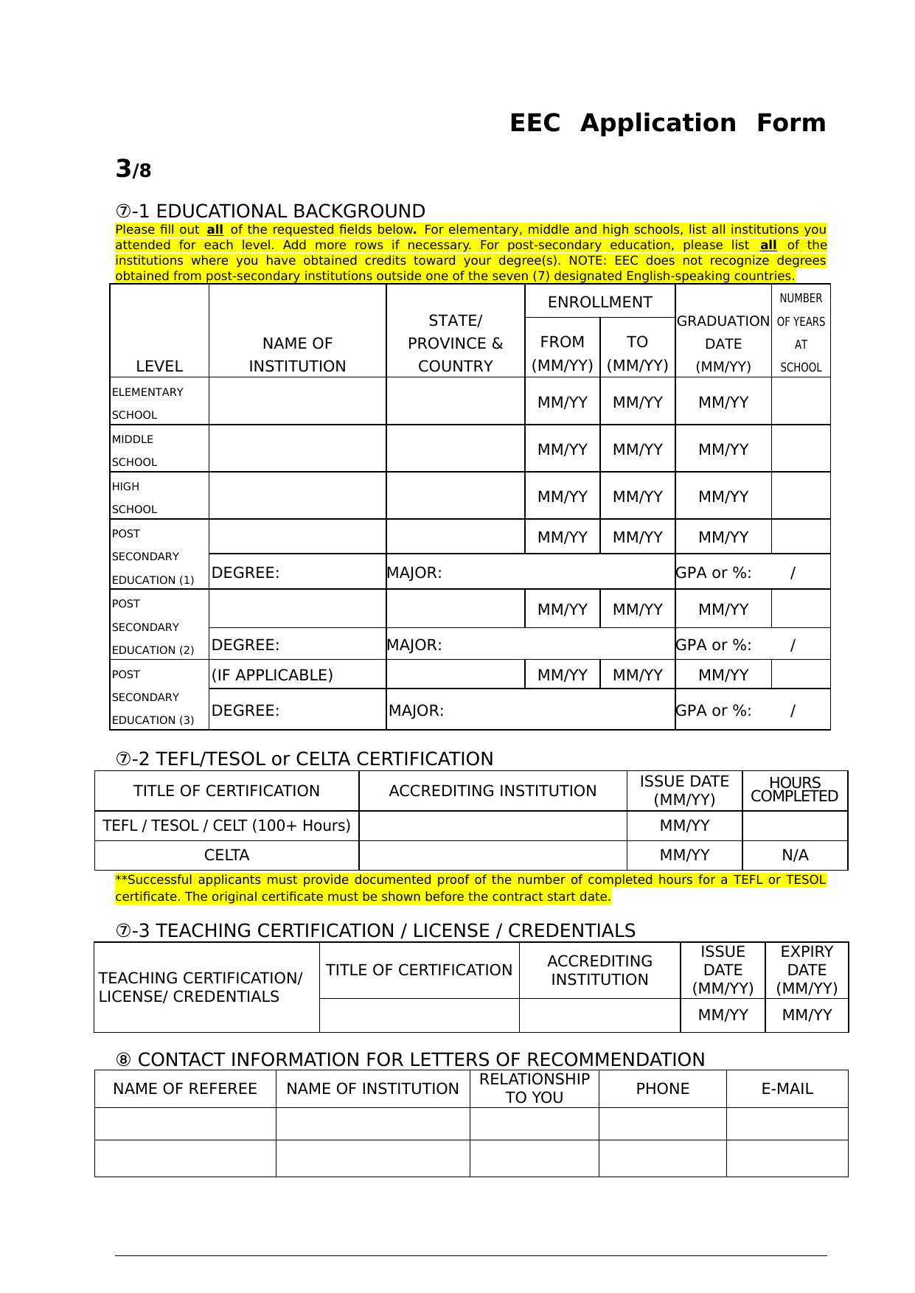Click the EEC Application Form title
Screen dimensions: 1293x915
pos(667,123)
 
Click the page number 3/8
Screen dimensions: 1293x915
pos(133,170)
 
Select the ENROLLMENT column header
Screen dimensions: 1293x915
pos(599,302)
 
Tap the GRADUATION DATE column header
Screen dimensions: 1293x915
pos(723,344)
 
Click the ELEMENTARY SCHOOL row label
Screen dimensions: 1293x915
pos(147,402)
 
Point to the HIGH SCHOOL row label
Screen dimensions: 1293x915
pos(135,498)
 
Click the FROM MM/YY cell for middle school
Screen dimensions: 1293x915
pos(562,450)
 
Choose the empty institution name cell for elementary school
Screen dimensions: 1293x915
pos(297,402)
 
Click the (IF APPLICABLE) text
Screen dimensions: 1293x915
pos(272,675)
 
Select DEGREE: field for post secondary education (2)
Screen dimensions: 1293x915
pos(246,645)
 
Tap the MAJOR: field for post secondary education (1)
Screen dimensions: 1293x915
pos(414,573)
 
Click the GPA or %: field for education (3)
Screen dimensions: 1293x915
pos(714,711)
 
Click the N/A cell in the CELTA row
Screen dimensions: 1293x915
pos(795,855)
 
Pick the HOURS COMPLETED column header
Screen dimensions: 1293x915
pos(794,790)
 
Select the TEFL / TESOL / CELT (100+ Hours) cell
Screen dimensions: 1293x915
pos(226,826)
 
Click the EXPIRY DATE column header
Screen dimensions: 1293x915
pos(807,970)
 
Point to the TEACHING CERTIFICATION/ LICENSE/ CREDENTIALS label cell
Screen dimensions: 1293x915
pos(201,987)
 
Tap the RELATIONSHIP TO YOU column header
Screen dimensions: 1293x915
pos(534,1088)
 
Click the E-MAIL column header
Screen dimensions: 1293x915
pos(787,1089)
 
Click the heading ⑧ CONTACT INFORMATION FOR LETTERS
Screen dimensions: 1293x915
pos(410,1059)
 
